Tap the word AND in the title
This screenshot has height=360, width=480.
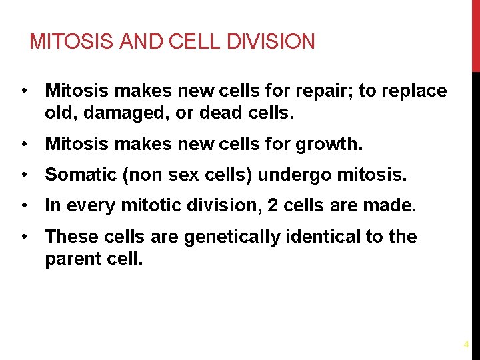(136, 42)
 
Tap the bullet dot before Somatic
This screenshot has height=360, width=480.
(24, 175)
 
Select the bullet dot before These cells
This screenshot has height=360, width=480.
(24, 237)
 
